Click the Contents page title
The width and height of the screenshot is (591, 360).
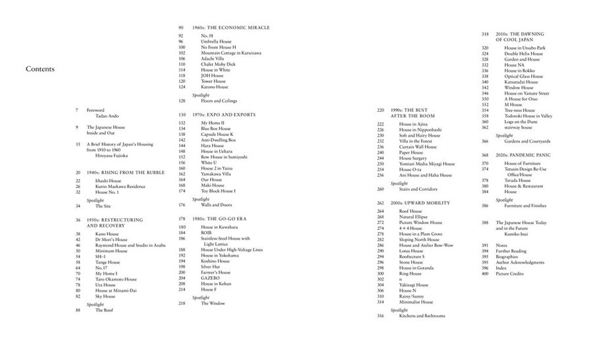pos(40,69)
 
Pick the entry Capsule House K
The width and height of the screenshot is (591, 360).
pos(217,134)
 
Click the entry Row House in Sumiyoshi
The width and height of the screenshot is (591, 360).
pos(225,157)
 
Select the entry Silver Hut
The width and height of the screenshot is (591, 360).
pos(211,266)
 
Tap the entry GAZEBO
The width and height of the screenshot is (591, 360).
pos(211,278)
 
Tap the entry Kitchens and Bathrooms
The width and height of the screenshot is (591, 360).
pos(422,315)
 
